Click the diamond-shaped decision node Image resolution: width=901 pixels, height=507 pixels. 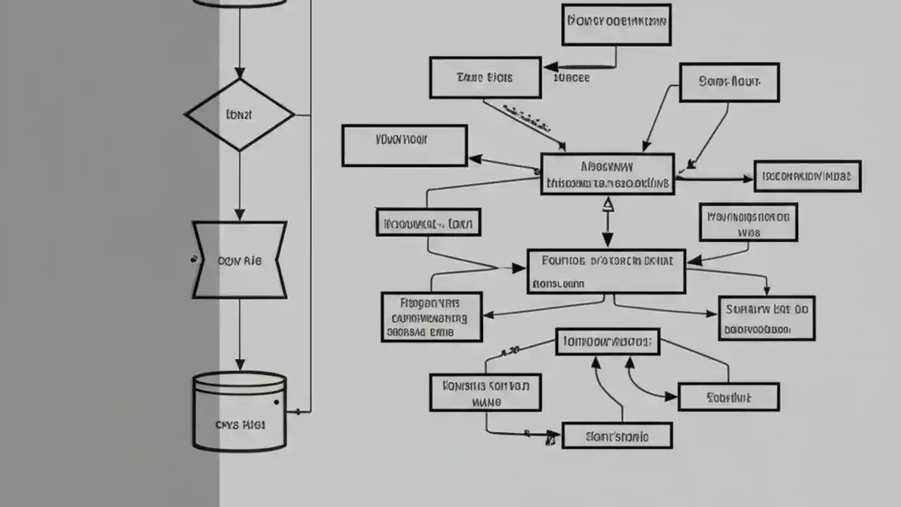pyautogui.click(x=239, y=114)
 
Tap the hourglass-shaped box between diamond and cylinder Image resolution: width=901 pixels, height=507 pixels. pyautogui.click(x=239, y=260)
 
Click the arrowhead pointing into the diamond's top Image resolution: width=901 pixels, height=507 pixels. pyautogui.click(x=239, y=73)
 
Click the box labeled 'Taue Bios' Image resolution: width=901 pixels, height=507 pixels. pyautogui.click(x=485, y=77)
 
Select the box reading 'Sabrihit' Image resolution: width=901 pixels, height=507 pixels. pyautogui.click(x=729, y=397)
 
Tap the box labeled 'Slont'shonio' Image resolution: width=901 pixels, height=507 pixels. pyautogui.click(x=617, y=436)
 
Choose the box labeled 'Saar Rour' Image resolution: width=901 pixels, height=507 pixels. pyautogui.click(x=729, y=82)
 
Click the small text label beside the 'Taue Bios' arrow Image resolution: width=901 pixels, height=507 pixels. pyautogui.click(x=572, y=78)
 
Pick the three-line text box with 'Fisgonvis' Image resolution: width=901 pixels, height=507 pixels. pyautogui.click(x=431, y=317)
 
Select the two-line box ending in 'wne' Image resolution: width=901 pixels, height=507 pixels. pyautogui.click(x=485, y=393)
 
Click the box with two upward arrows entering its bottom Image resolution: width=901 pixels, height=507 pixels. pyautogui.click(x=607, y=342)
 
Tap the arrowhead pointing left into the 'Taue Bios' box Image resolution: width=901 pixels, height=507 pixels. pyautogui.click(x=549, y=68)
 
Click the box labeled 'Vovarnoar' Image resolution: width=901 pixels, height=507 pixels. pyautogui.click(x=404, y=146)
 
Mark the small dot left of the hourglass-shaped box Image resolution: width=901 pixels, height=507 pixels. pyautogui.click(x=192, y=259)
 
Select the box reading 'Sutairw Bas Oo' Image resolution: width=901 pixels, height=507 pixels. pyautogui.click(x=767, y=318)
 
